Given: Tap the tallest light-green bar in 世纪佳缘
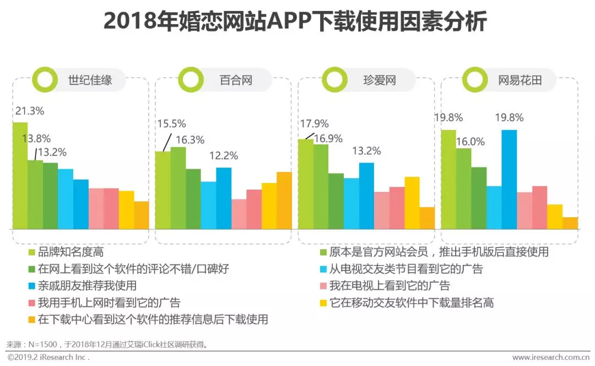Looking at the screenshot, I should (20, 175).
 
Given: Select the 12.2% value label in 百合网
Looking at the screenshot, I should (223, 156).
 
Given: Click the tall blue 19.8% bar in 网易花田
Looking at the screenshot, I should (509, 179).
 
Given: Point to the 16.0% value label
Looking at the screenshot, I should (470, 142).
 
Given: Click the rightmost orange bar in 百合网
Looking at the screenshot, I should (284, 200).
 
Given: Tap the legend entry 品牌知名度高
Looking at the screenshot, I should (71, 252).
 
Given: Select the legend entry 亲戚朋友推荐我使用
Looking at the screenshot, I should (87, 286).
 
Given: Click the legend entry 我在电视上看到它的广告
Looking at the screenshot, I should (390, 286).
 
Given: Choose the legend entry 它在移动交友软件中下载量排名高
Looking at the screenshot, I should (412, 303).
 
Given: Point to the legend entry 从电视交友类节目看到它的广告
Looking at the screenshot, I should (406, 269).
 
